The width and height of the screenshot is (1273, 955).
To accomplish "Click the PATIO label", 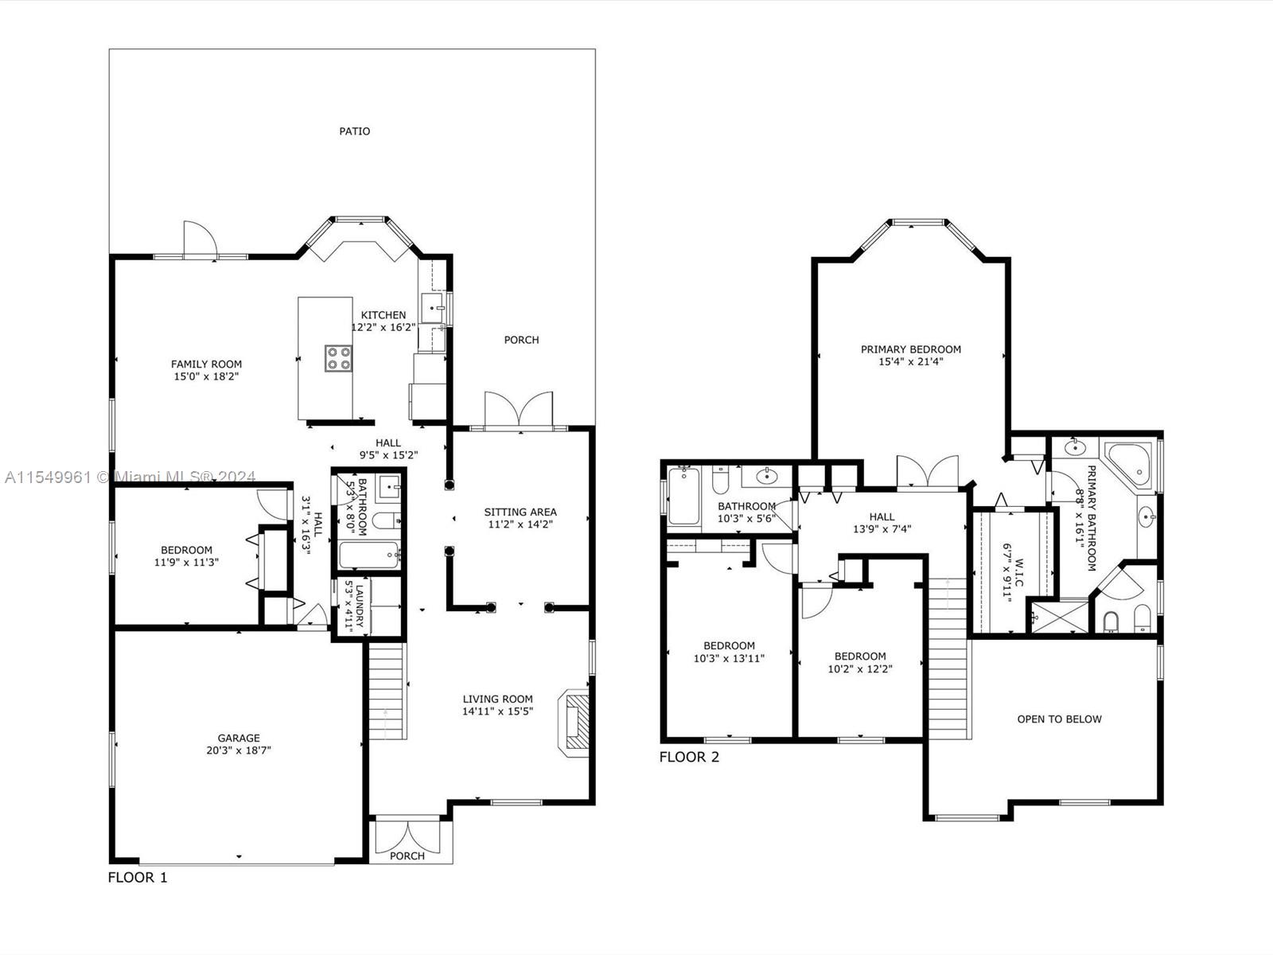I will [x=355, y=131].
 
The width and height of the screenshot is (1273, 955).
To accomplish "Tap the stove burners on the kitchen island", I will [x=338, y=358].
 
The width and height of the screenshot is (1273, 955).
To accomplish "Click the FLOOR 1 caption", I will [x=138, y=878].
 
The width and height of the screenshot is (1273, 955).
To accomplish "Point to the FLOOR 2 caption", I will [x=689, y=757].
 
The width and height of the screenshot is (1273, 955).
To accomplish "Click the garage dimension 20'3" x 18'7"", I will [x=239, y=750].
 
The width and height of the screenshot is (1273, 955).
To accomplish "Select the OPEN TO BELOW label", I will [x=1059, y=719].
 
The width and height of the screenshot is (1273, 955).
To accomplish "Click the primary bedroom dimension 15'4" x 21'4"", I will [x=910, y=361].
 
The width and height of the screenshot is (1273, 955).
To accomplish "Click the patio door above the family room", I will [x=200, y=240].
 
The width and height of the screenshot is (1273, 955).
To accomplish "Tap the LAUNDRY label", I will [x=359, y=607].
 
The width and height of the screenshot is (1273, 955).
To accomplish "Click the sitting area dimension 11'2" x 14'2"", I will [x=520, y=524].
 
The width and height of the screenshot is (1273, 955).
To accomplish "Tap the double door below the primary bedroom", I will [x=927, y=472].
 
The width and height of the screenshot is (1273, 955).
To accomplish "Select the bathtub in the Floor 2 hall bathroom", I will [x=683, y=496].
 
